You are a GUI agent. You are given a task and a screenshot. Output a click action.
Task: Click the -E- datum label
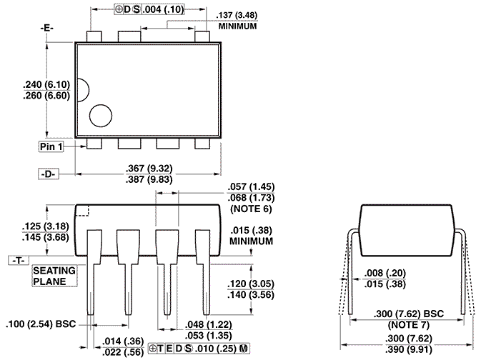point(48,28)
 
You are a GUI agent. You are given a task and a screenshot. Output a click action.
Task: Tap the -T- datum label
point(18,261)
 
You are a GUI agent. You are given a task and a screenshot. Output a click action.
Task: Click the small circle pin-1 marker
point(101,116)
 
